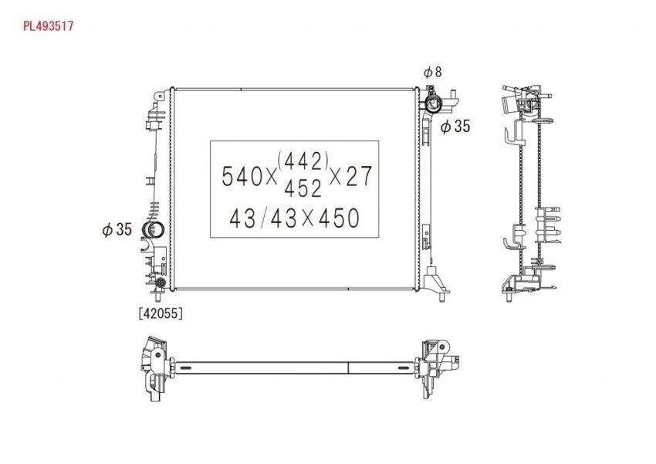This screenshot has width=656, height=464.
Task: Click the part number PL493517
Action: click(x=48, y=26)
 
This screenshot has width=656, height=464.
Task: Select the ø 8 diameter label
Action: click(x=433, y=72)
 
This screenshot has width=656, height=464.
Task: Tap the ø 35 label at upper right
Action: click(x=455, y=126)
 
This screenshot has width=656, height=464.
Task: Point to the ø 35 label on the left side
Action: click(x=117, y=229)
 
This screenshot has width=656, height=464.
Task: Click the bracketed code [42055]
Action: click(x=161, y=313)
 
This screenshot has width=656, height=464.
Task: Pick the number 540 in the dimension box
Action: click(x=242, y=176)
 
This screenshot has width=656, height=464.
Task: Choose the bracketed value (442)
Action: click(x=303, y=161)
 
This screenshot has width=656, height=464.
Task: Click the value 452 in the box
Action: click(x=303, y=188)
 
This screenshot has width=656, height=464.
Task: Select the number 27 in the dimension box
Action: click(x=360, y=176)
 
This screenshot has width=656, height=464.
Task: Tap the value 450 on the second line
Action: click(x=340, y=218)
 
